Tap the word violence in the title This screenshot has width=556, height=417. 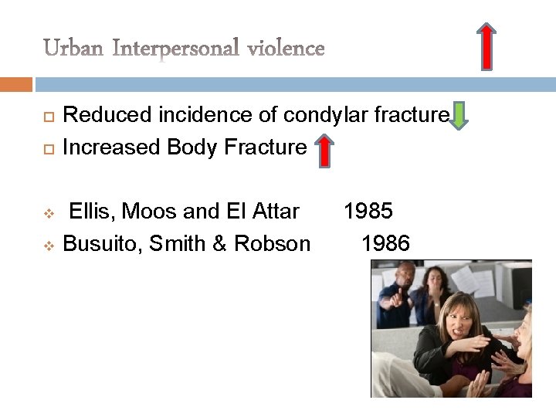(x=286, y=49)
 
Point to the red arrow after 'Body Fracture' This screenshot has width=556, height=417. (x=325, y=150)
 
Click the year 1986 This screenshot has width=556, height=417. (x=385, y=244)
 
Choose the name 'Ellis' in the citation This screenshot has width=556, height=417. (x=89, y=211)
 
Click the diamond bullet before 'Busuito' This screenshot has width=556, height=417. (x=46, y=245)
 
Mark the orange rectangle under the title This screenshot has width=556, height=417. (x=16, y=83)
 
